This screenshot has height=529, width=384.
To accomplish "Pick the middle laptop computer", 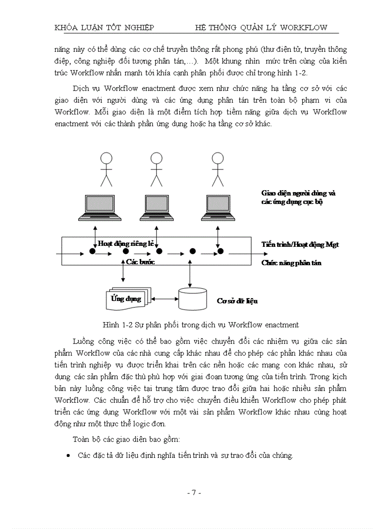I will [x=158, y=208].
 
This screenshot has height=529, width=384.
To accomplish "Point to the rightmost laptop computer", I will [x=219, y=208].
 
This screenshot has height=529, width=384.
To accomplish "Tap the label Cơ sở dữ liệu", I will [x=237, y=301].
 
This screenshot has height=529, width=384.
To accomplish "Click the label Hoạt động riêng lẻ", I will [x=126, y=244].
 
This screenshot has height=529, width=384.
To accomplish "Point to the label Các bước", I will [x=140, y=262].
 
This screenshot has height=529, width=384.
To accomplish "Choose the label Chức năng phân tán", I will [x=291, y=263].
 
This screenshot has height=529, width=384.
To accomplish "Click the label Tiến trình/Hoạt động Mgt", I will [x=300, y=244].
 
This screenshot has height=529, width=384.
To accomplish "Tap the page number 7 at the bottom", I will [x=193, y=493].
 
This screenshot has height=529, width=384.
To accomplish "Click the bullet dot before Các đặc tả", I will [x=69, y=456].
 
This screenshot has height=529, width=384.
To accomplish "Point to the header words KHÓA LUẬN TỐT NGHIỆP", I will [x=104, y=27].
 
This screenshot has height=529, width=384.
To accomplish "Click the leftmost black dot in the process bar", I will [x=92, y=252].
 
